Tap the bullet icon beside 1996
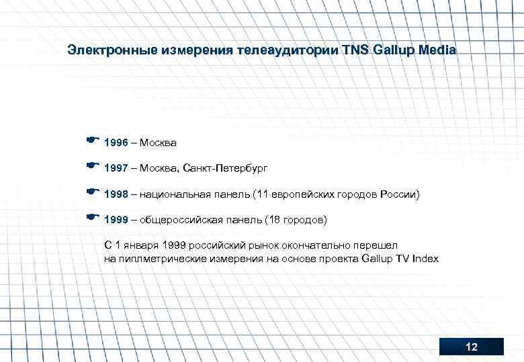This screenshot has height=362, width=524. (93, 141)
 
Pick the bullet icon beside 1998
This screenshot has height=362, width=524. (93, 192)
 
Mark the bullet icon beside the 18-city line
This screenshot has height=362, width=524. (93, 217)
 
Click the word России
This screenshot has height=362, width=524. (400, 194)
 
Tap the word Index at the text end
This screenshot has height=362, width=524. (425, 258)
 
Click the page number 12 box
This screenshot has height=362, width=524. (471, 347)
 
